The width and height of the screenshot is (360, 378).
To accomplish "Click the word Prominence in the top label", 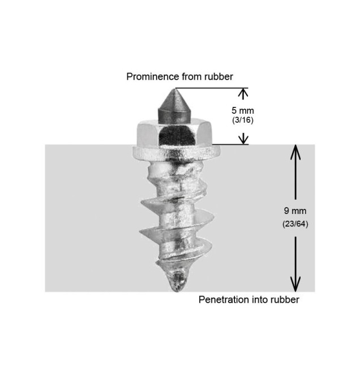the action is coord(153,76).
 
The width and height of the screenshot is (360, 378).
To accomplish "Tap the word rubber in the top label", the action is coord(218,76).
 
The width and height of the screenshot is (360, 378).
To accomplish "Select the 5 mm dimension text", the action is coord(243,111).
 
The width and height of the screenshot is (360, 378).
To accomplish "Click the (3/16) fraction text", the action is coord(243,120).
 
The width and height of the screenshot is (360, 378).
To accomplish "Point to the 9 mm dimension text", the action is coord(295,211).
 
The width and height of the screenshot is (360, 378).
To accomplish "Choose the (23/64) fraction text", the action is coord(295,224).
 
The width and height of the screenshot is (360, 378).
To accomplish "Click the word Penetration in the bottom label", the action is coord(224,300).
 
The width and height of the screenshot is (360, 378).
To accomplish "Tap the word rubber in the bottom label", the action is coord(285,300).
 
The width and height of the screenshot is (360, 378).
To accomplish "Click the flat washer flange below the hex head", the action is coord(176,152).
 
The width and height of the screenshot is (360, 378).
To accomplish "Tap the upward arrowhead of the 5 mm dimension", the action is coord(243,93).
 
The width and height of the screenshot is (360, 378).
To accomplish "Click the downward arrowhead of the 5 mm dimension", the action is coord(243,139).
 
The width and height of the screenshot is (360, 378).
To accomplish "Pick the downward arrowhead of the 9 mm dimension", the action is coord(295,284).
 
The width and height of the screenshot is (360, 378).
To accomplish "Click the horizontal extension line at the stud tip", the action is coord(212,88).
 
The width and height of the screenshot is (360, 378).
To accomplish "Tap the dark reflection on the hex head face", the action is coord(177,136).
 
